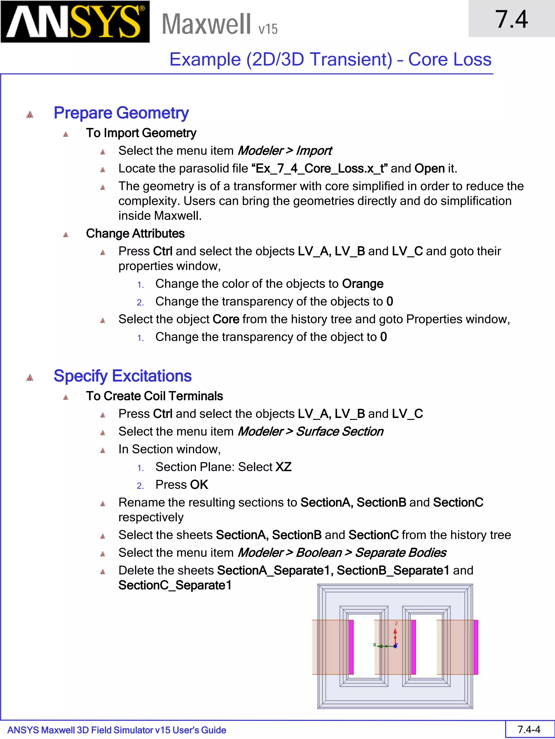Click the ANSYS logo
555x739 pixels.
tap(75, 22)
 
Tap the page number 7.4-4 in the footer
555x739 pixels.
tap(529, 729)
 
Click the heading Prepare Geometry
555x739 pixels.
tap(121, 113)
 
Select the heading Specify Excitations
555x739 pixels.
tap(122, 376)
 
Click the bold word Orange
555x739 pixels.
tap(363, 284)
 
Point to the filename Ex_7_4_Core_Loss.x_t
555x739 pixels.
tap(320, 168)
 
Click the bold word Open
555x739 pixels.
tap(430, 168)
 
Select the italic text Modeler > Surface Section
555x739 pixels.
tap(311, 431)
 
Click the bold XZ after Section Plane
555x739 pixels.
tap(283, 467)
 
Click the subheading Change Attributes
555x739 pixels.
tap(135, 234)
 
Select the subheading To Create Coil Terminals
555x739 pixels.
tap(154, 396)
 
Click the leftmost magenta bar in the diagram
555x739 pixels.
tap(351, 647)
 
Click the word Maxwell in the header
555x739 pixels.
tap(206, 24)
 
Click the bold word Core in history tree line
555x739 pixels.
tap(226, 319)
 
